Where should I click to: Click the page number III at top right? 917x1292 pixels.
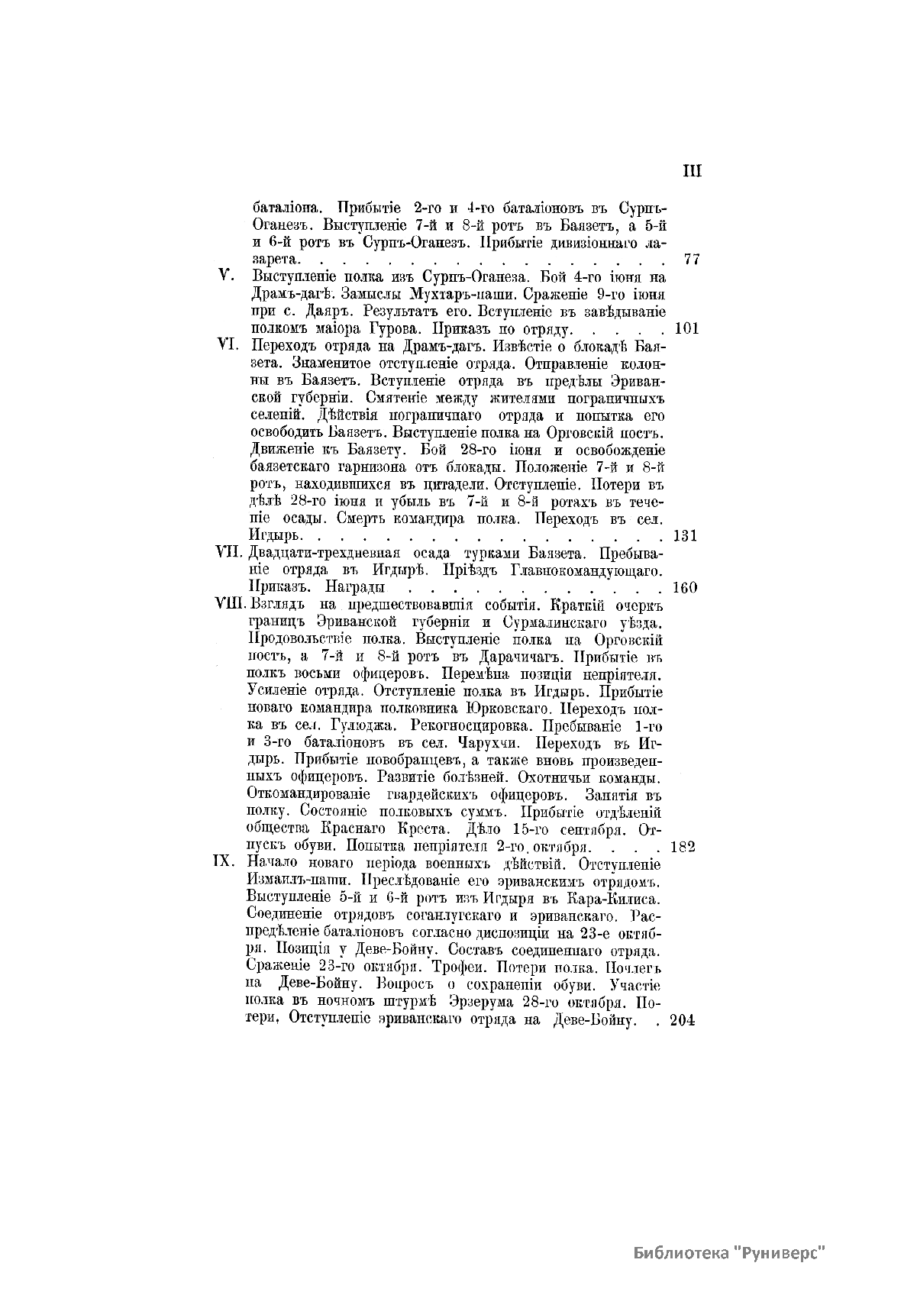point(692,171)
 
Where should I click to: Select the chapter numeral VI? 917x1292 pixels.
point(228,345)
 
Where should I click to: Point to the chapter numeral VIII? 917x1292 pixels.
point(229,605)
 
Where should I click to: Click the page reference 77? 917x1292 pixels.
point(693,259)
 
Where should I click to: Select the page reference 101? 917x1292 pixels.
point(687,329)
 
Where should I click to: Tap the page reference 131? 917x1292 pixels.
point(686,535)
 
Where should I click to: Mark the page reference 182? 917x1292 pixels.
point(682,846)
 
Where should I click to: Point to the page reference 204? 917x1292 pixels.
point(683,1021)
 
